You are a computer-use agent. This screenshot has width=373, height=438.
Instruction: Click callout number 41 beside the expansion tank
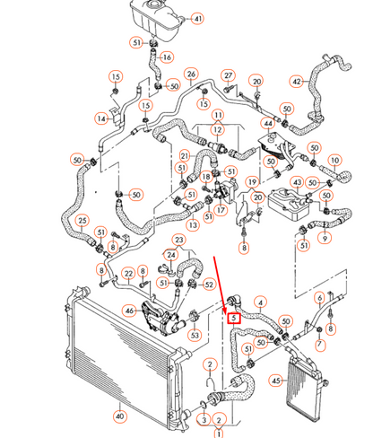tap(198, 18)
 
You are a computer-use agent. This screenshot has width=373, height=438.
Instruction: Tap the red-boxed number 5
tap(234, 317)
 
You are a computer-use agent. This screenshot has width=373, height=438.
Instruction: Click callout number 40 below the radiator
tap(120, 416)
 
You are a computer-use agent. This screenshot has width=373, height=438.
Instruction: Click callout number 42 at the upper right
tap(297, 82)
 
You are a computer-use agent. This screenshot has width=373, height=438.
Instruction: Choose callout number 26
tap(191, 74)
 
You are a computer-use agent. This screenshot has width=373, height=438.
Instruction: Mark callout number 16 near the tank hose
tap(166, 57)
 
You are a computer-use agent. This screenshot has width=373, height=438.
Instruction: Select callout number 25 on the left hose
tap(82, 220)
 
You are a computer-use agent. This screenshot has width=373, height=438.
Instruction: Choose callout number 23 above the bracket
tap(178, 240)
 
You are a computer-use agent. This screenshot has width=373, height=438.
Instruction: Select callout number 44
tap(267, 122)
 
